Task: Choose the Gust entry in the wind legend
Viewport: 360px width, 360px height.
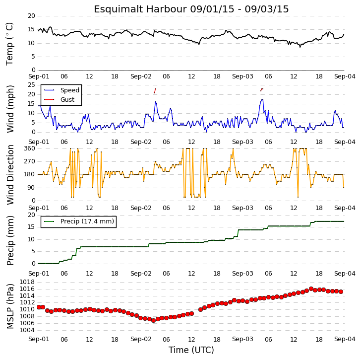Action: point(59,99)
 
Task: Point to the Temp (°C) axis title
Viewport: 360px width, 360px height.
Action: point(9,44)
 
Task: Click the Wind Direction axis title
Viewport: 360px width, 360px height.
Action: point(10,175)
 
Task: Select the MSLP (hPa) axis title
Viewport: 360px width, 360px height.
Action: point(10,306)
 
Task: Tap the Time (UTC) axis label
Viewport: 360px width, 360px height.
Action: point(191,350)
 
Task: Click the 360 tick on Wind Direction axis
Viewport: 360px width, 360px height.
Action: point(30,148)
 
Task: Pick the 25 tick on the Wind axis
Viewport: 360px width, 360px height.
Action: point(31,85)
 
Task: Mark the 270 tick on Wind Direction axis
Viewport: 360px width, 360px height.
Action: point(30,161)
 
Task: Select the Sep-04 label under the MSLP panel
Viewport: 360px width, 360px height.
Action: point(345,339)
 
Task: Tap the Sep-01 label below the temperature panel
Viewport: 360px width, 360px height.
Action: point(39,76)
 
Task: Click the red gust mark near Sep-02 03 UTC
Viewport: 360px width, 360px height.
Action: point(155,91)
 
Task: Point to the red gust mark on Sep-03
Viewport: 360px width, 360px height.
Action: point(262,90)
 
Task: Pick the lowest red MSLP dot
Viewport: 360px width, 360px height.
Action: point(154,320)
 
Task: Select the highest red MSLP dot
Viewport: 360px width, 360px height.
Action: point(311,288)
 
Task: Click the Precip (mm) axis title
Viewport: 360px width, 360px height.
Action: point(10,240)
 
